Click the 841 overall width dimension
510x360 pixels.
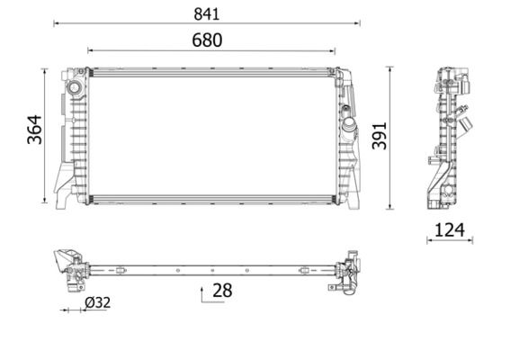point(206,14)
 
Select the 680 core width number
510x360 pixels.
point(206,40)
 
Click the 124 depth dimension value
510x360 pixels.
point(450,229)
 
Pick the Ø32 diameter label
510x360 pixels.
point(96,303)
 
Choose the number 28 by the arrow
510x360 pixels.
point(222,290)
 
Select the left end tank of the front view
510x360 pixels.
point(71,135)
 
